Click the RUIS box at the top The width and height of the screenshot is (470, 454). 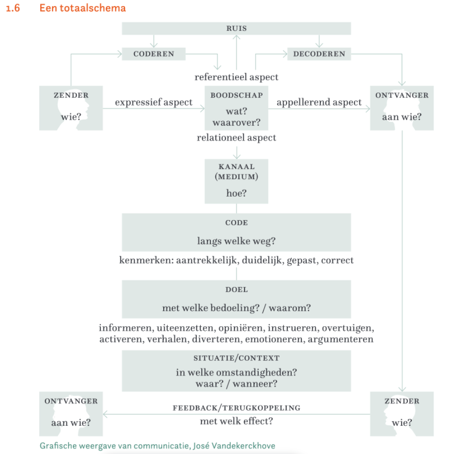[236, 29]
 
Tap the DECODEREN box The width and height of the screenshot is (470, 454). [319, 54]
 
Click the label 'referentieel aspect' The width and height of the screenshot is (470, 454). [236, 77]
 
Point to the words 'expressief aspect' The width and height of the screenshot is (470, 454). [153, 102]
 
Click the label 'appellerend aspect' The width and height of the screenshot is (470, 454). [319, 102]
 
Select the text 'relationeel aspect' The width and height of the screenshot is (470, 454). [236, 137]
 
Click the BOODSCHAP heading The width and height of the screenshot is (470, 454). [236, 95]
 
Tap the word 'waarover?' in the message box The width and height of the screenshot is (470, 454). [236, 123]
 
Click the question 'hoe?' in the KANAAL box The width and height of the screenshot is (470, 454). [236, 193]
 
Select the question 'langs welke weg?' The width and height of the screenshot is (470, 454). [236, 241]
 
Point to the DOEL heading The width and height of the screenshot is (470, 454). [236, 290]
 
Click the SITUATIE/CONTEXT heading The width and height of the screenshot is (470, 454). [236, 358]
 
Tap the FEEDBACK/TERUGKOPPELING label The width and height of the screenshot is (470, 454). [236, 408]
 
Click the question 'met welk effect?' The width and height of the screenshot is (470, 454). [236, 421]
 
